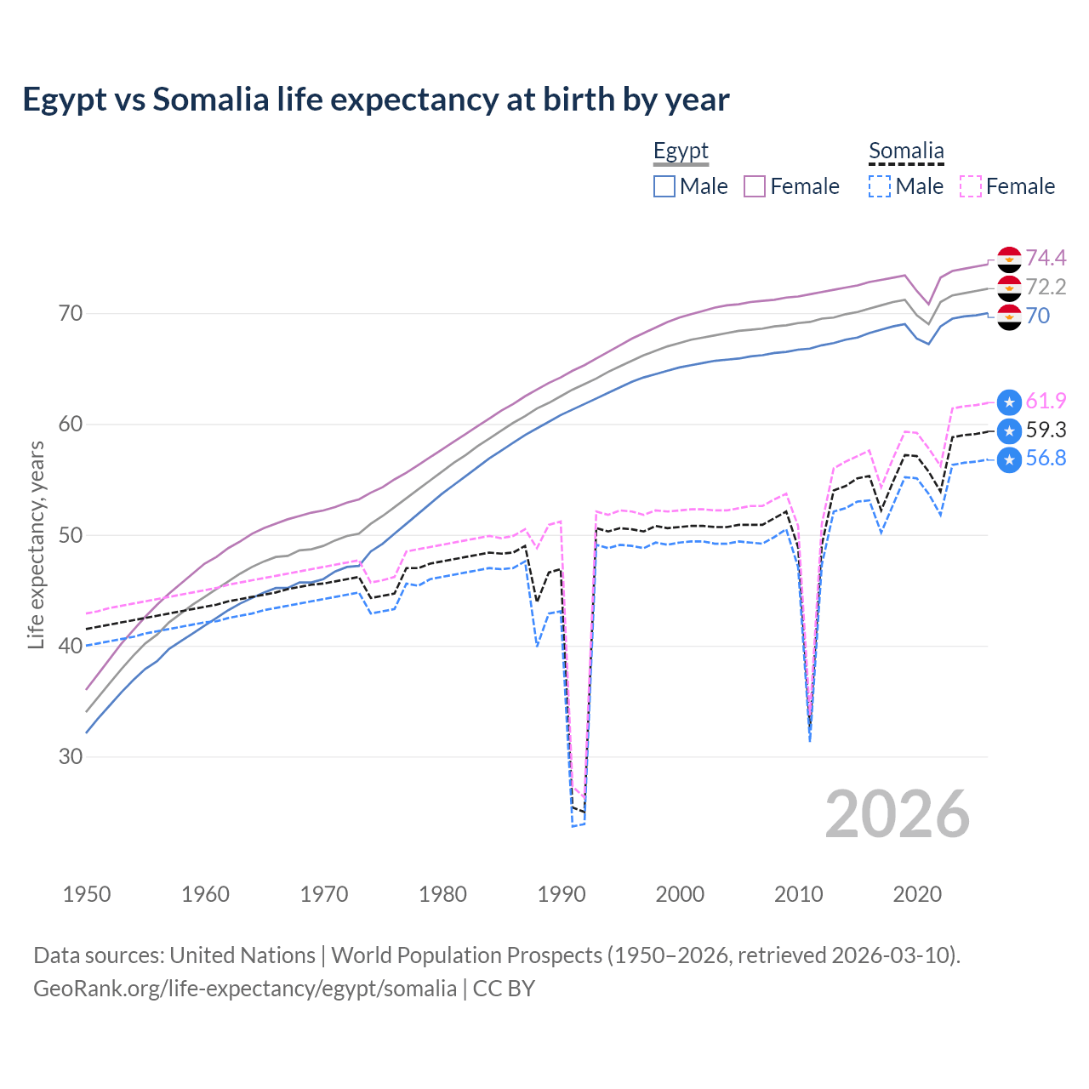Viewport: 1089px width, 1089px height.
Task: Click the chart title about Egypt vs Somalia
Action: [375, 100]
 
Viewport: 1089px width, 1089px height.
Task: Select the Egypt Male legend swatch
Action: [664, 186]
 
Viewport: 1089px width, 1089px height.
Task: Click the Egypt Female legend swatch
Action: [755, 186]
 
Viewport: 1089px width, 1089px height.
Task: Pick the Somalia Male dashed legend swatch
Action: [880, 186]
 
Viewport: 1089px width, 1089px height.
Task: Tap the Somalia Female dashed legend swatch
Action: [970, 186]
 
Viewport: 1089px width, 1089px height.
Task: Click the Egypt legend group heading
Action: [681, 151]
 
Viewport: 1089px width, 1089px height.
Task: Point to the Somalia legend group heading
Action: [906, 151]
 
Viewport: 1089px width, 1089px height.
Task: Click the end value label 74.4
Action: [1046, 258]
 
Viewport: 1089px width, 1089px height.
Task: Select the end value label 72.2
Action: [1046, 287]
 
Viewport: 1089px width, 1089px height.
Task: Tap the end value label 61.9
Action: [1046, 402]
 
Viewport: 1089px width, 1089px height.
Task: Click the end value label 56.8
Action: [1046, 459]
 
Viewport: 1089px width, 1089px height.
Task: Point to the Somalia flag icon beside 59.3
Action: [1009, 430]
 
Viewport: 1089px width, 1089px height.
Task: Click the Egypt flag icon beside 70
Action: [1009, 316]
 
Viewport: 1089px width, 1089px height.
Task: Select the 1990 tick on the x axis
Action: [562, 894]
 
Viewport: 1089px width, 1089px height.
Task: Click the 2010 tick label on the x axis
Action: [798, 894]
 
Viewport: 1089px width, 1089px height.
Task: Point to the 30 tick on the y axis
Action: [71, 756]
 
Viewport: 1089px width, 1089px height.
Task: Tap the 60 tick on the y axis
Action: [71, 424]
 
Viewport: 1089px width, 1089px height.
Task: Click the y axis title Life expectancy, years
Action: [36, 544]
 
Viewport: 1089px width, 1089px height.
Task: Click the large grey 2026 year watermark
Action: [898, 814]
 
